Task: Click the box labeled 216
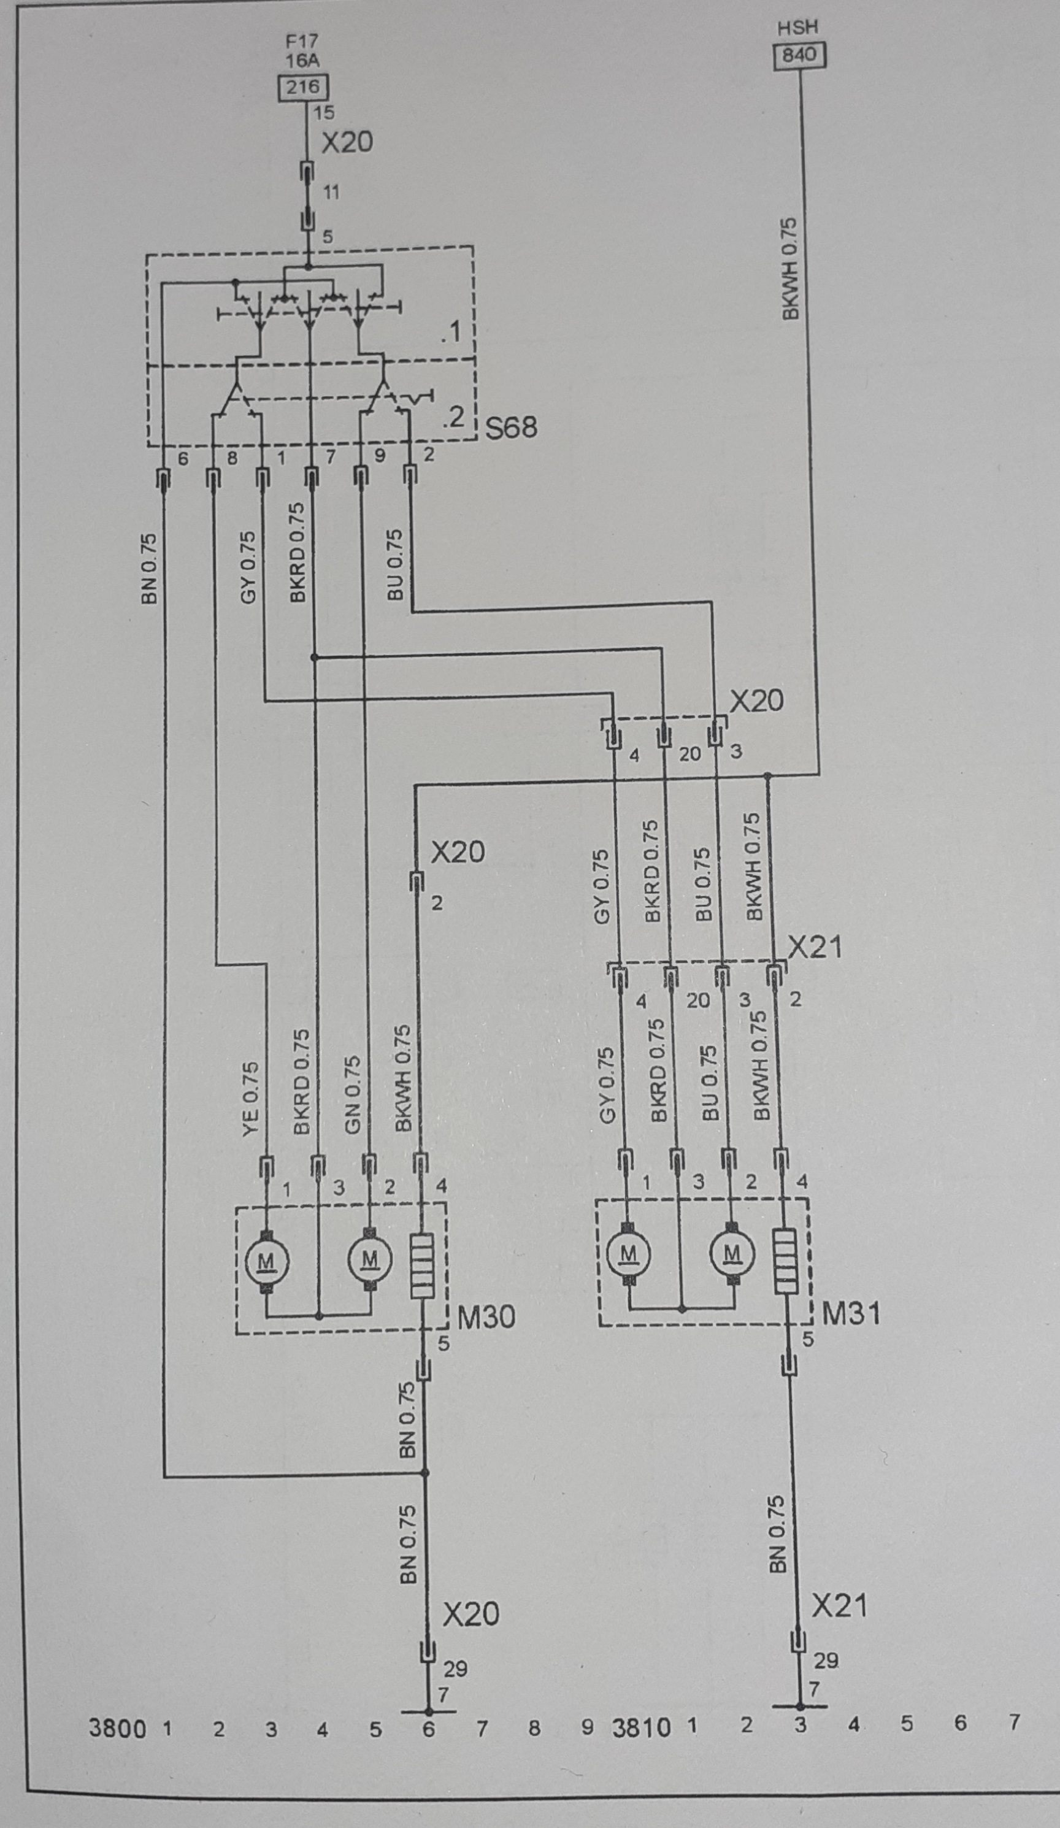pos(303,88)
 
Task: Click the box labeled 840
pos(799,55)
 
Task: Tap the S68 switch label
pos(512,428)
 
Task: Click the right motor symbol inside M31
pos(733,1253)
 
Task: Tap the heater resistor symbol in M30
pos(422,1267)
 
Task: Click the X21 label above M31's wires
pos(815,947)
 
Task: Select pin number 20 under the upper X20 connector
pos(689,755)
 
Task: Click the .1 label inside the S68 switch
pos(450,333)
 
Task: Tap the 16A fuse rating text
pos(302,60)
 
